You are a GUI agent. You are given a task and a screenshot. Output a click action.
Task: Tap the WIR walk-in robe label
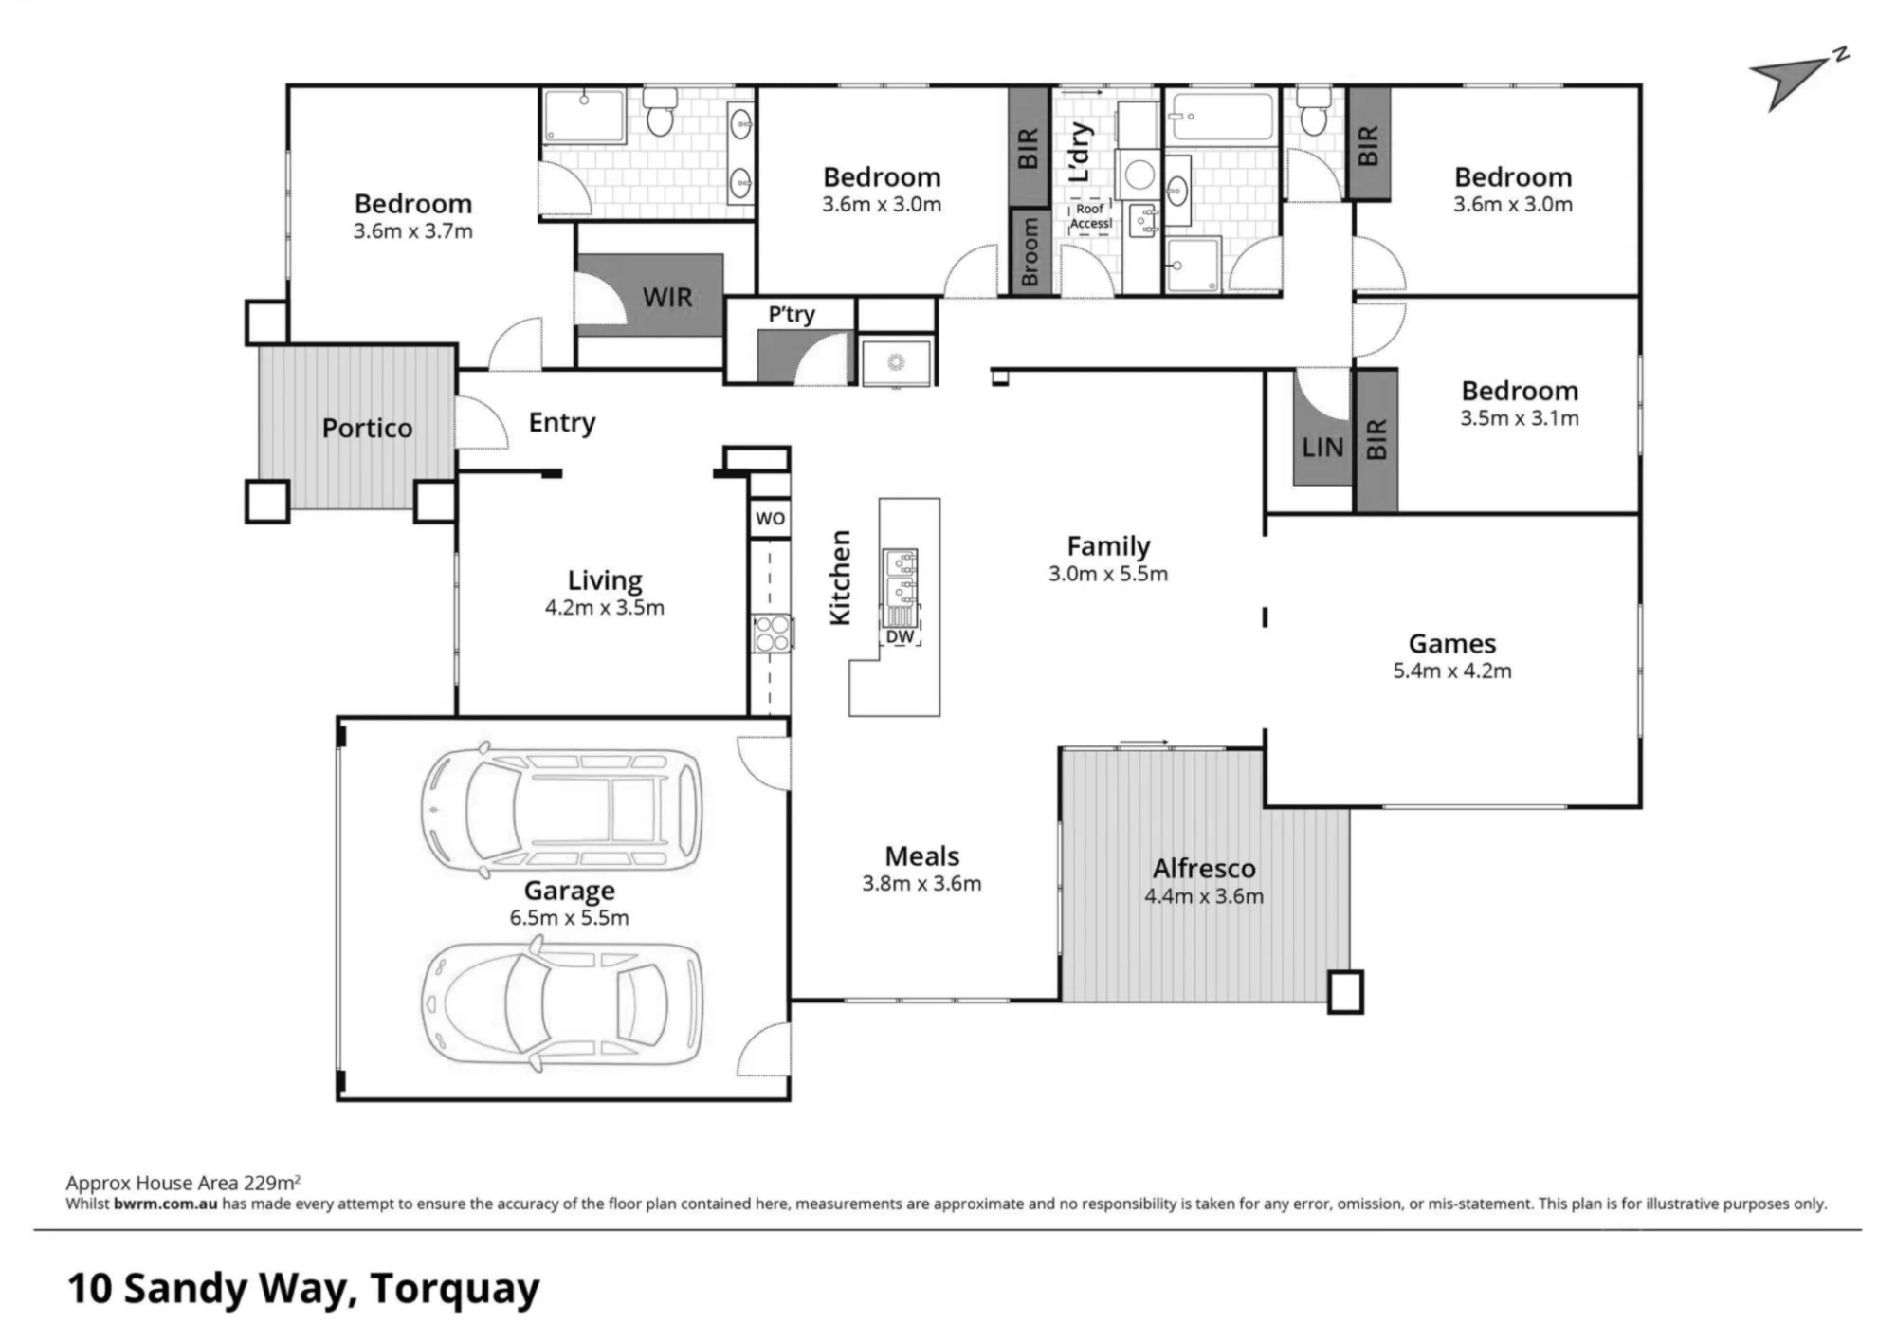coord(667,297)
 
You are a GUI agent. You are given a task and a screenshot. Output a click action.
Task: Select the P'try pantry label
coord(792,314)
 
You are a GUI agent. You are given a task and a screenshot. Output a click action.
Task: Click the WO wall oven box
coord(770,519)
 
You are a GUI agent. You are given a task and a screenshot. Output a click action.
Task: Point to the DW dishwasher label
coord(900,636)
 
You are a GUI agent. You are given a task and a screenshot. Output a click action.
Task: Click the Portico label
coord(367,428)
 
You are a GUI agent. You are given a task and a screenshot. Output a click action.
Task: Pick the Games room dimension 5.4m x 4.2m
coord(1452,671)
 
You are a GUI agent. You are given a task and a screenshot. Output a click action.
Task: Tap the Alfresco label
coord(1204,868)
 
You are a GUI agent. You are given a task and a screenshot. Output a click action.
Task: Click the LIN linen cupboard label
coord(1322,447)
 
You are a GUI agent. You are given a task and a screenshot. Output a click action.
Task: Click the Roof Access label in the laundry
coord(1090,216)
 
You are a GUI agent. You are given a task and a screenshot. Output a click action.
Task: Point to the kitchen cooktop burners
coord(773,634)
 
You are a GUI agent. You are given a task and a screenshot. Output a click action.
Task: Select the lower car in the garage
coord(562,1003)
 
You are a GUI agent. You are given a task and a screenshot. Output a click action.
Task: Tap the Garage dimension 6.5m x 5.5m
coord(569,917)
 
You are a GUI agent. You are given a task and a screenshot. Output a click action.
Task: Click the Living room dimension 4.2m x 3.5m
coord(605,607)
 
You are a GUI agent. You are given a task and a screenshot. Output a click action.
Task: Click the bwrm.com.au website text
coord(166,1204)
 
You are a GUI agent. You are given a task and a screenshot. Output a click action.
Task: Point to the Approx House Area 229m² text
coord(183,1183)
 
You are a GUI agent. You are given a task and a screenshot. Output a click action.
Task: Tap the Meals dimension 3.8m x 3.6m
coord(921,883)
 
